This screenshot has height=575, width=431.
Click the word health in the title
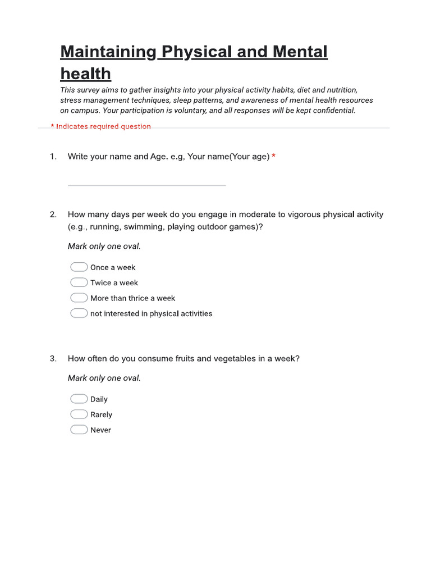(85, 74)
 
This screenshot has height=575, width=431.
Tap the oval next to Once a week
(79, 267)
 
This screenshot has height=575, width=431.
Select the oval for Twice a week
(79, 282)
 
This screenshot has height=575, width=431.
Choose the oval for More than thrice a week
(79, 298)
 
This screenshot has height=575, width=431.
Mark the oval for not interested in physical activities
(79, 313)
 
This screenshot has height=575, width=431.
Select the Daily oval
(79, 399)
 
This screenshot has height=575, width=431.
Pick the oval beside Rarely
(79, 414)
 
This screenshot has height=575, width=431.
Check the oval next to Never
(79, 430)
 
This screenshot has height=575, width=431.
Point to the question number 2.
(53, 215)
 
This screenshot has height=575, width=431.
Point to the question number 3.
(53, 359)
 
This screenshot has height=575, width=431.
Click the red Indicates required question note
(101, 127)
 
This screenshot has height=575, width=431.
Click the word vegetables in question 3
(234, 359)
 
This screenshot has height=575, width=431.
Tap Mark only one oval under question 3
(104, 378)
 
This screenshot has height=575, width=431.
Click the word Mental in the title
(300, 52)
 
